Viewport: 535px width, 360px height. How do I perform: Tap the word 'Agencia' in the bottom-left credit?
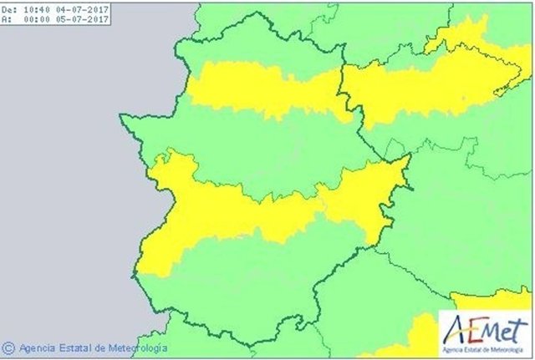(x=39, y=347)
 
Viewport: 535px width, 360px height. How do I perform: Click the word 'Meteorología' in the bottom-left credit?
(x=138, y=347)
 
